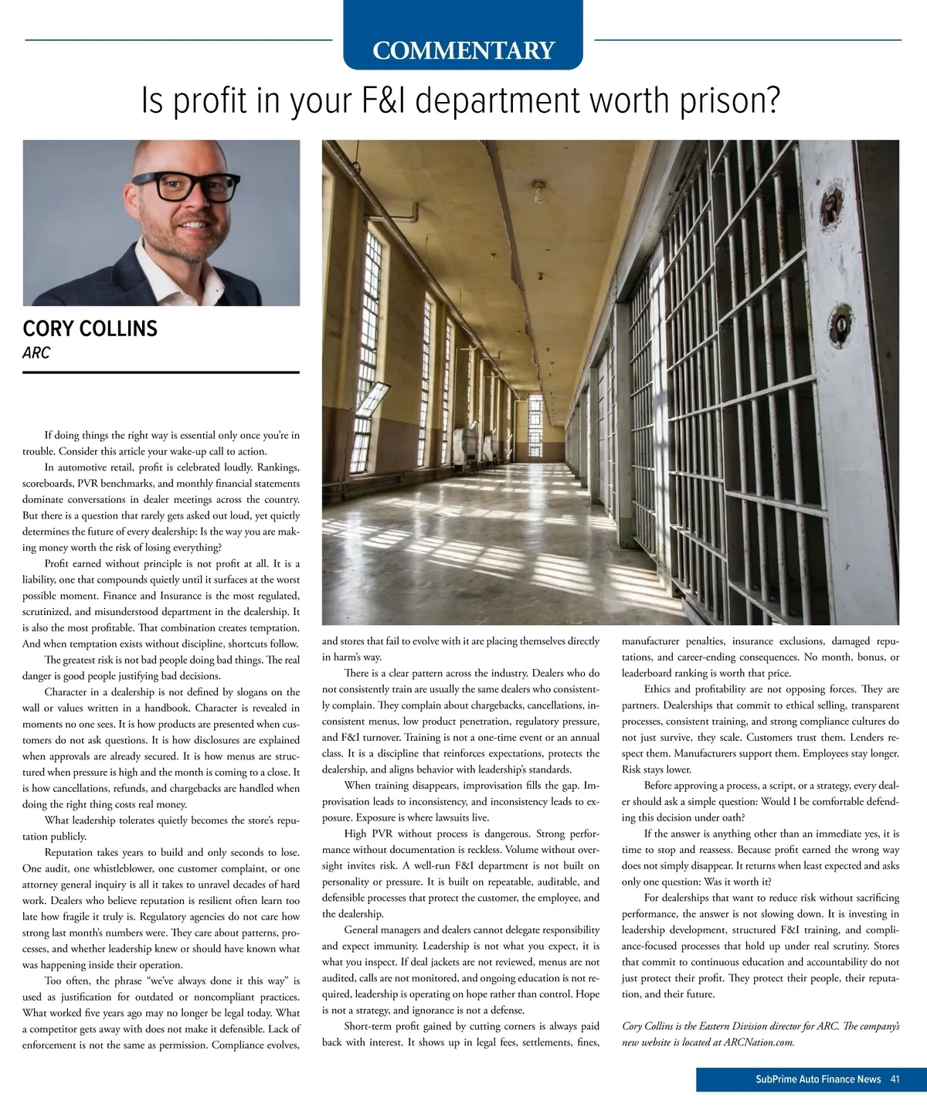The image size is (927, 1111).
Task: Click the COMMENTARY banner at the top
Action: click(463, 50)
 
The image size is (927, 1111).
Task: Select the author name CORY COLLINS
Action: click(90, 329)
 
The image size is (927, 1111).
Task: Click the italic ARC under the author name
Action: click(36, 353)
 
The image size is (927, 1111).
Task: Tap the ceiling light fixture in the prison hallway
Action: click(538, 191)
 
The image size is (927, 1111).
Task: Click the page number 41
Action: click(895, 1079)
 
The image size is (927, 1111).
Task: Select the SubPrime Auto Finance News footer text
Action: click(818, 1079)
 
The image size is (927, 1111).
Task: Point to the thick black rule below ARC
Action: click(161, 372)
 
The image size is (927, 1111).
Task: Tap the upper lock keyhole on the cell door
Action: click(830, 206)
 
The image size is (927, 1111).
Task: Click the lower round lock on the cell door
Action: click(840, 319)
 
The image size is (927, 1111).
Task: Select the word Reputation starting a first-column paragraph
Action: click(70, 853)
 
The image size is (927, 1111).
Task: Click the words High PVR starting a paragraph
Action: click(368, 834)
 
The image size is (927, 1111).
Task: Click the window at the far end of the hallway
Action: click(535, 420)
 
